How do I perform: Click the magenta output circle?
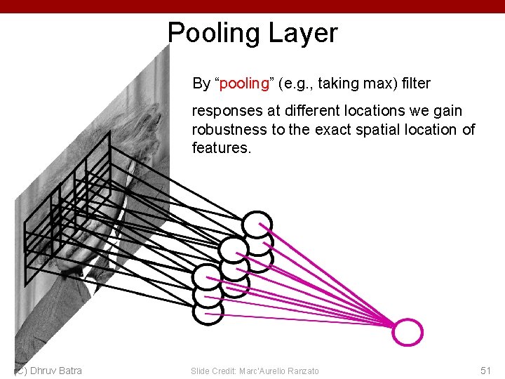[x=408, y=332]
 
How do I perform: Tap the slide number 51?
[x=485, y=371]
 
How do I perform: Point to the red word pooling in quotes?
[x=245, y=84]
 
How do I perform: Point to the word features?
[x=220, y=148]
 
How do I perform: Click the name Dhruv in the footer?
[x=46, y=371]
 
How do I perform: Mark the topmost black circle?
[x=257, y=225]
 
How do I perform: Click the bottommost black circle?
[x=208, y=312]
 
